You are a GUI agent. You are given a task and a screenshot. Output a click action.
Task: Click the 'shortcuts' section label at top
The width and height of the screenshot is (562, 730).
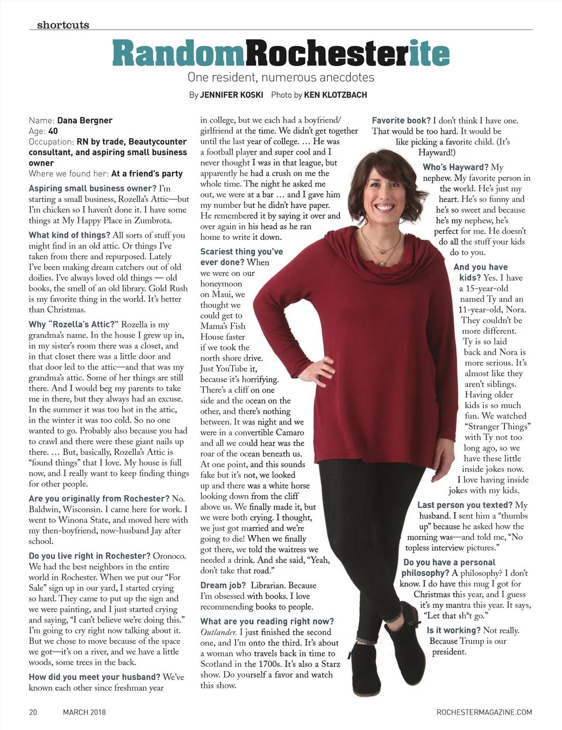pyautogui.click(x=63, y=25)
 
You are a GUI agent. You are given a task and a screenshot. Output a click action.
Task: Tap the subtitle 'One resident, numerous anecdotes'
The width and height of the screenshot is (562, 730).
pyautogui.click(x=281, y=77)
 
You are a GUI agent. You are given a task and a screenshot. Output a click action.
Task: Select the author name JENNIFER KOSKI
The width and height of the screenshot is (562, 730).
pyautogui.click(x=231, y=95)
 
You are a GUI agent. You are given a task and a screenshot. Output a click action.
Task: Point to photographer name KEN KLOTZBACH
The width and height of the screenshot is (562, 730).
pyautogui.click(x=335, y=95)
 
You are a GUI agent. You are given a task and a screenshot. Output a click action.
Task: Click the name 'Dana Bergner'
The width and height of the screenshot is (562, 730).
pyautogui.click(x=85, y=120)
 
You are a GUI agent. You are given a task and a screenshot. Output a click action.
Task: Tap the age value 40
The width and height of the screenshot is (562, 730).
pyautogui.click(x=53, y=131)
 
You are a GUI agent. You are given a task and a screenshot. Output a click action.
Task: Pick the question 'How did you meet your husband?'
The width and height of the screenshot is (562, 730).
pyautogui.click(x=94, y=677)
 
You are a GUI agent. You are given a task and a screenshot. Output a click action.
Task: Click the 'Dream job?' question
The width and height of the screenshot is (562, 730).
pyautogui.click(x=223, y=585)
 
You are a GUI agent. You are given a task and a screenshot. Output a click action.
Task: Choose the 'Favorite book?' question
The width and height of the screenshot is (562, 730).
pyautogui.click(x=401, y=120)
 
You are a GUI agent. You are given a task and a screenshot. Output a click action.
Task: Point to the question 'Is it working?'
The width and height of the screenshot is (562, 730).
pyautogui.click(x=453, y=631)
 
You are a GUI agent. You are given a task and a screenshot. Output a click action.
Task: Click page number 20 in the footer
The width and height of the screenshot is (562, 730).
pyautogui.click(x=33, y=712)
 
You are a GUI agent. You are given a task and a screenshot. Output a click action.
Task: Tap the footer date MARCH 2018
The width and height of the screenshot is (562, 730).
pyautogui.click(x=84, y=712)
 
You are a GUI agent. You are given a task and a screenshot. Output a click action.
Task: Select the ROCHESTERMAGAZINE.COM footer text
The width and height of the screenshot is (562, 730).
pyautogui.click(x=484, y=712)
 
